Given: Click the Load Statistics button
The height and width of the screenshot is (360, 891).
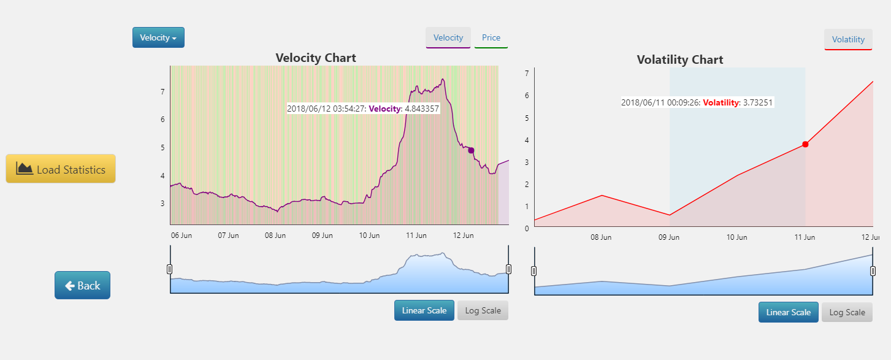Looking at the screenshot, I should [61, 169].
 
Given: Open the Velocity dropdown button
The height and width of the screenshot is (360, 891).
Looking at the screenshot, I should [158, 37].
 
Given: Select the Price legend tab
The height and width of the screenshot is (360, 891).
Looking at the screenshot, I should [491, 37].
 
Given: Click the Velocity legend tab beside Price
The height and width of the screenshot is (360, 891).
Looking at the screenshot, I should [448, 37].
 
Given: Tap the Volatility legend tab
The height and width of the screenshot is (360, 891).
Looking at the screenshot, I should [848, 39].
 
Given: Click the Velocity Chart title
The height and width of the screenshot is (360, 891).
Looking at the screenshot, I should [316, 58].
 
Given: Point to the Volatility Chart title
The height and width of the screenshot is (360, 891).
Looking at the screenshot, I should [680, 59].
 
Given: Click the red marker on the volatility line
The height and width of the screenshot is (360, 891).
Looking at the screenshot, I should [805, 144].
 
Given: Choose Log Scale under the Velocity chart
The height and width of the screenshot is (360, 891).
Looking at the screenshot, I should [483, 310].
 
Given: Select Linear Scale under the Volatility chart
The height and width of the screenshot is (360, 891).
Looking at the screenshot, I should [789, 312].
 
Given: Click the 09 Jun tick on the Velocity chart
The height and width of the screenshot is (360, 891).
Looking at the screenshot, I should [323, 236].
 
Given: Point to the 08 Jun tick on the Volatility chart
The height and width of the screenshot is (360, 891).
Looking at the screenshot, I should [601, 237].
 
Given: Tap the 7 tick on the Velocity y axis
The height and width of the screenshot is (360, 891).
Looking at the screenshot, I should [163, 92].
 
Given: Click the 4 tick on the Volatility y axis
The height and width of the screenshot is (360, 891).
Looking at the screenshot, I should [526, 140].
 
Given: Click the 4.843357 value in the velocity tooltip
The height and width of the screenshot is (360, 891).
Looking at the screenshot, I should [423, 109].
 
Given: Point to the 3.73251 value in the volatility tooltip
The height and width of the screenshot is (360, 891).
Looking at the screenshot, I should [758, 103].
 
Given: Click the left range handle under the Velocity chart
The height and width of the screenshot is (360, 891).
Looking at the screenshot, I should [170, 269].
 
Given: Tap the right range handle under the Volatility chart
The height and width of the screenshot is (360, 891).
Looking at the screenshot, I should [873, 271].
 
